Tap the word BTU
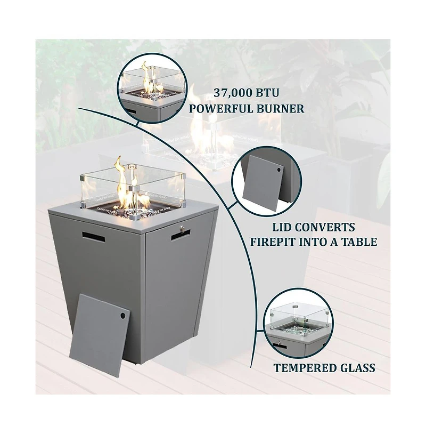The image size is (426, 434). point(267,93)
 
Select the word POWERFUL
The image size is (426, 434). point(220,109)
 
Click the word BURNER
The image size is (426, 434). point(280,109)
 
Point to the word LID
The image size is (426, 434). point(281,227)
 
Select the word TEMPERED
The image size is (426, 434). point(305,368)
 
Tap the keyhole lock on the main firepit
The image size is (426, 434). point(182,229)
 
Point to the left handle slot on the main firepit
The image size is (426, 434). point(93,237)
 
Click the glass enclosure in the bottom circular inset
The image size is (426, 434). point(299,318)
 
